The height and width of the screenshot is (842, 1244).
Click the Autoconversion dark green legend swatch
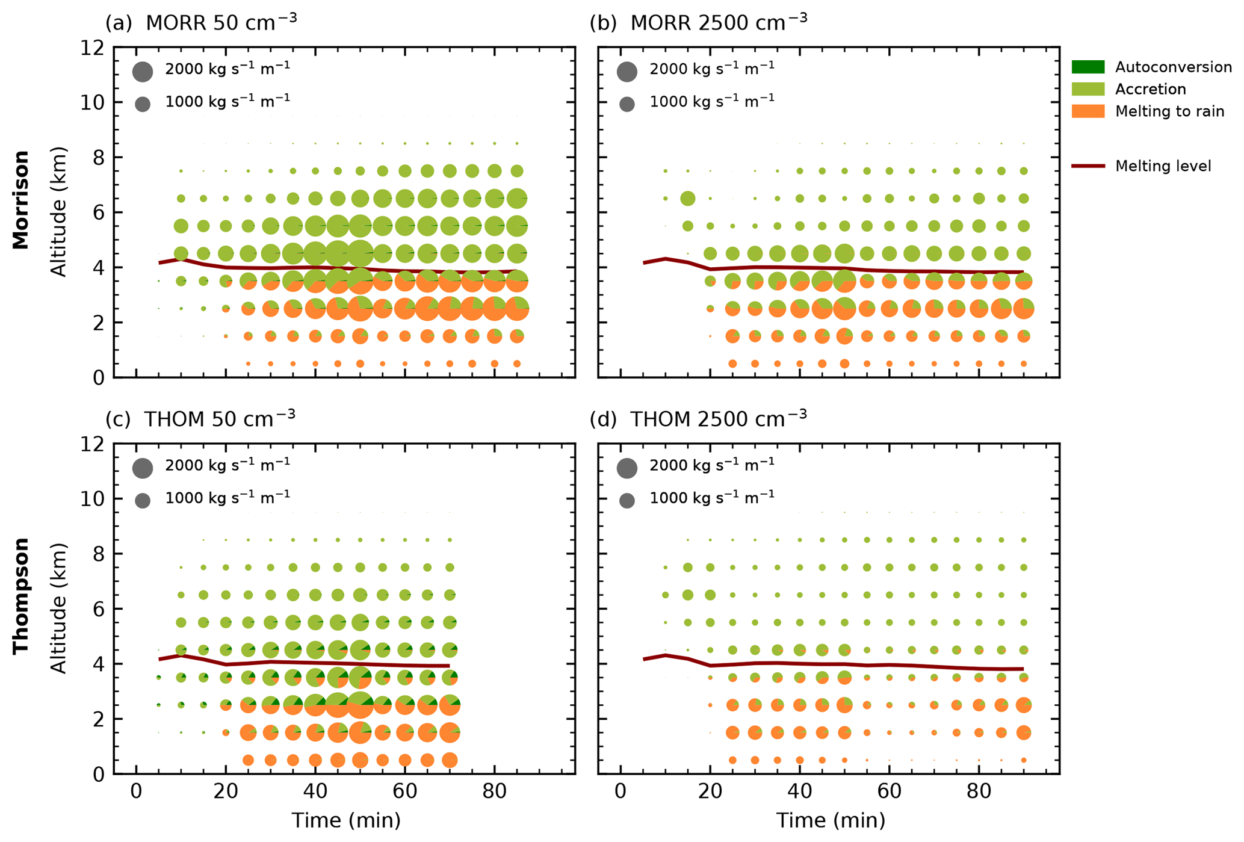[1088, 67]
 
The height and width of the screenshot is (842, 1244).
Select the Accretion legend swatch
[1088, 89]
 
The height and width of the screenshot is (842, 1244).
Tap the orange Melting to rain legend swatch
[1088, 111]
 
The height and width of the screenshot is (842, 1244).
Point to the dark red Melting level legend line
[1088, 166]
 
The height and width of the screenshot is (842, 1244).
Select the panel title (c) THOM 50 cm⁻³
[200, 418]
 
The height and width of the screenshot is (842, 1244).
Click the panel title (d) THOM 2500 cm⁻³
[698, 418]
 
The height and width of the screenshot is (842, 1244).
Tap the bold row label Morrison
[21, 200]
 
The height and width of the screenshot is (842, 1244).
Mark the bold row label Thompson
[21, 595]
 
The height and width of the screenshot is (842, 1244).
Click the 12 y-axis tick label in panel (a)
[92, 48]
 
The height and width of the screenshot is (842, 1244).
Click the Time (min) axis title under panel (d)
[830, 820]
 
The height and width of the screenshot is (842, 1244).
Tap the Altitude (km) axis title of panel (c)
[58, 608]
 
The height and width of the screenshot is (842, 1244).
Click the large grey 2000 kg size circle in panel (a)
[143, 71]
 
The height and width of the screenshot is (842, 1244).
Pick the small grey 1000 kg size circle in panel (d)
[627, 500]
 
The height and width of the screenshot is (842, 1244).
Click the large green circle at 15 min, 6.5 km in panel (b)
[687, 198]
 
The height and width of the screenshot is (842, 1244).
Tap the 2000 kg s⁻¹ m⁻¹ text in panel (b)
[711, 68]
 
